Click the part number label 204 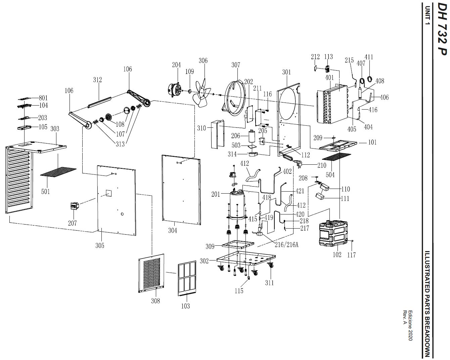(x=176, y=65)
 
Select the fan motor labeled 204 (x=175, y=90)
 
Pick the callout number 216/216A (x=286, y=245)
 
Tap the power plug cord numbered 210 (x=291, y=159)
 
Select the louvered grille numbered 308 (x=151, y=273)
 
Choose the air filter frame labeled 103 (x=187, y=278)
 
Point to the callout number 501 (x=45, y=192)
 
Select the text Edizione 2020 (x=410, y=328)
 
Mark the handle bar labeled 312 (x=99, y=102)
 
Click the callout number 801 (x=43, y=98)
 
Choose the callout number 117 (x=351, y=255)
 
